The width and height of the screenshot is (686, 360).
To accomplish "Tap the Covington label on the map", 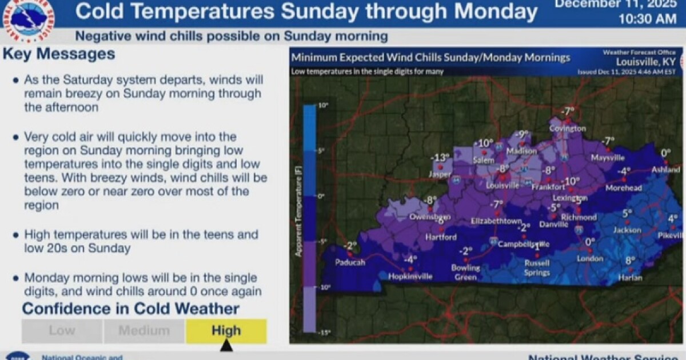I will point(568,129).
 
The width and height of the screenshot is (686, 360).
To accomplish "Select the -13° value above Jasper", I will point(441,158).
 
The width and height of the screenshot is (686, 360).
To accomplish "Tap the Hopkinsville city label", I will point(410,276).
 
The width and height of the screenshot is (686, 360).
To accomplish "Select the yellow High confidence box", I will point(226,330).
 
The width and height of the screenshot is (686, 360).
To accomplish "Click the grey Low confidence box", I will point(62,330).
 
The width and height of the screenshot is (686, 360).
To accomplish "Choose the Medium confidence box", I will point(144,330).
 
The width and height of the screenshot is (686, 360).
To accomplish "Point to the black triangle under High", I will point(226,346).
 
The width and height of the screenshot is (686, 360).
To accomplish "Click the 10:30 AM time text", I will point(647,19).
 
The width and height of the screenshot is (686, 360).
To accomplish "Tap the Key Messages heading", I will point(59,55).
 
